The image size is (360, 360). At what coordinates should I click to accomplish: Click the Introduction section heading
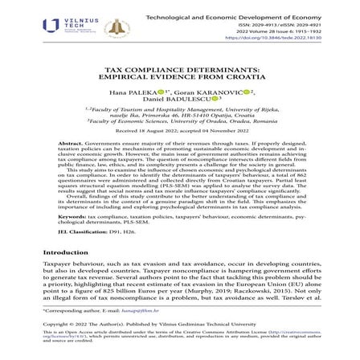[65, 252]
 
